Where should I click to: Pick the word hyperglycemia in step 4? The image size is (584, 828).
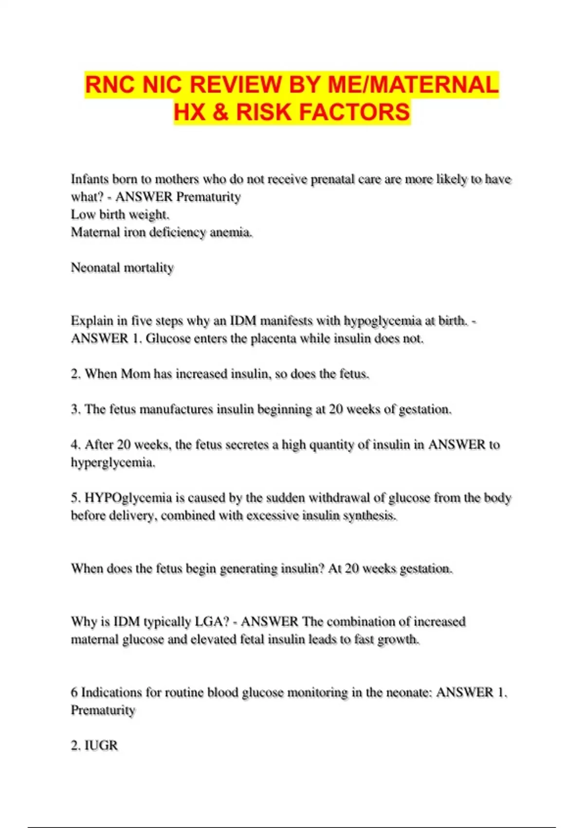[112, 463]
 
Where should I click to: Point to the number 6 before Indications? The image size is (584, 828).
[74, 692]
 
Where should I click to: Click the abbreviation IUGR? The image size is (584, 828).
[101, 745]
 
